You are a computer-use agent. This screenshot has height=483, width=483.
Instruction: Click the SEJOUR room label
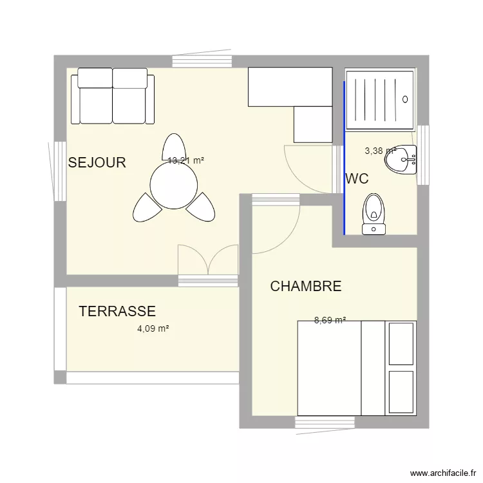97,163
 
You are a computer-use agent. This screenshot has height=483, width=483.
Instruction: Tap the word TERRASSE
117,312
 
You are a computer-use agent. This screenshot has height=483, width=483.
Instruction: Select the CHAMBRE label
305,287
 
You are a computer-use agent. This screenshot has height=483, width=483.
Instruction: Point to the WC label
357,179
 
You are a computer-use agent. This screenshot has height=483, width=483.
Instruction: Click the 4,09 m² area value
153,328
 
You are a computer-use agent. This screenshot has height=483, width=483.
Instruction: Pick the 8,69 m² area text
330,320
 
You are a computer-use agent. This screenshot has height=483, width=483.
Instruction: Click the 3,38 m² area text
380,151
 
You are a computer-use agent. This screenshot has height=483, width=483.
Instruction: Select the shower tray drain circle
405,99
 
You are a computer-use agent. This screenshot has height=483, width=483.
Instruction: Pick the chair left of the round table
146,207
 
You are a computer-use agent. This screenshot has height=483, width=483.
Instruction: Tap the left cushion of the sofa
95,97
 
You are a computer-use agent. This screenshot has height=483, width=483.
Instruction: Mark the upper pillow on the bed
401,343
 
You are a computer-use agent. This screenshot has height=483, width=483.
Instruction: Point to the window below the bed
325,422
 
